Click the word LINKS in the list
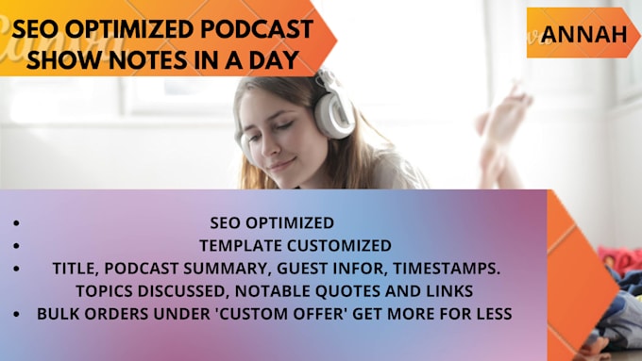pyautogui.click(x=450, y=290)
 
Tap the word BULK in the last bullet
pyautogui.click(x=58, y=313)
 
